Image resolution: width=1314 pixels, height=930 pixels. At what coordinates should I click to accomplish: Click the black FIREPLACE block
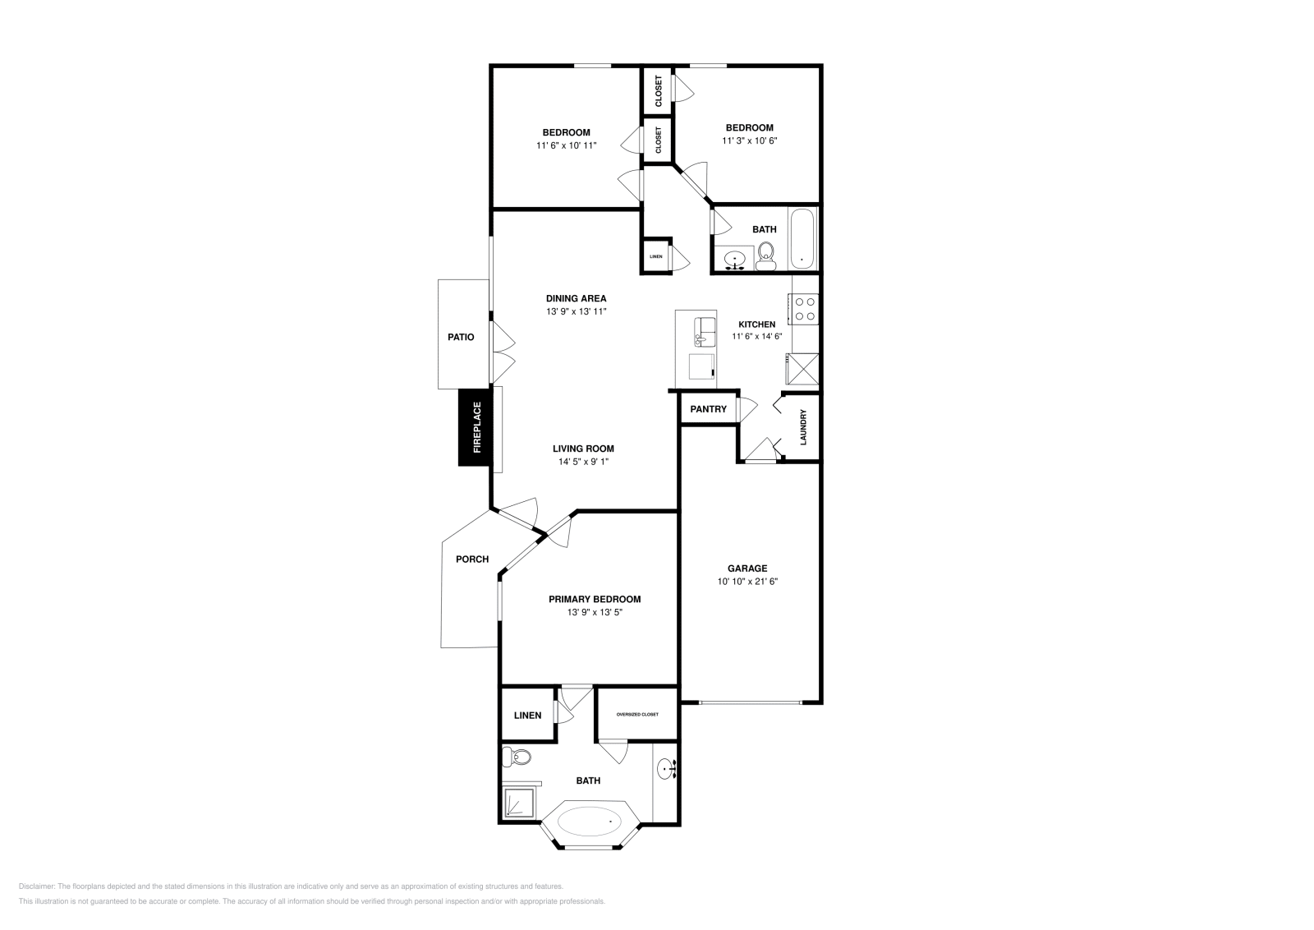476,427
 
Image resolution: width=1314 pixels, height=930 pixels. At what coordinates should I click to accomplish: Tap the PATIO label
461,337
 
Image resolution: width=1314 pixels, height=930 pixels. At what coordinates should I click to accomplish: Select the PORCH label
472,559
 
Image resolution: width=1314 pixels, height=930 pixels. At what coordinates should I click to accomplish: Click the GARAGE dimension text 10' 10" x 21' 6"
747,582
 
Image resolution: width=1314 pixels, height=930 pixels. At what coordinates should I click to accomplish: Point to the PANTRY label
708,409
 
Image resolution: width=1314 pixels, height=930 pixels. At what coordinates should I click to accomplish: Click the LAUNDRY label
804,427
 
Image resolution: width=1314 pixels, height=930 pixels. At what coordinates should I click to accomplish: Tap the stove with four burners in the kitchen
806,309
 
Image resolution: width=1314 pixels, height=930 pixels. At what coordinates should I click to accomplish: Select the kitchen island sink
705,330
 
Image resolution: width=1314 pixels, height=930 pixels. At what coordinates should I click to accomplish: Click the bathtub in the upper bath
802,238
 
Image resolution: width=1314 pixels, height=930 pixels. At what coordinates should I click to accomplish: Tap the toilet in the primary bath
517,756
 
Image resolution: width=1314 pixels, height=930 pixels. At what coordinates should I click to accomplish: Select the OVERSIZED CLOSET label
637,715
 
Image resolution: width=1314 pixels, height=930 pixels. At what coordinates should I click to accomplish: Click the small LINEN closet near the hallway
655,256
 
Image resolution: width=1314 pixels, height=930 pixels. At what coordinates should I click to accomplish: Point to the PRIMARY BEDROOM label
595,600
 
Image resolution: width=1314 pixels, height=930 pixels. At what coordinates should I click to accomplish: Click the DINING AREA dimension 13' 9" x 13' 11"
577,312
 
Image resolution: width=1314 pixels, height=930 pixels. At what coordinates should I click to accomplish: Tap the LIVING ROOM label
583,449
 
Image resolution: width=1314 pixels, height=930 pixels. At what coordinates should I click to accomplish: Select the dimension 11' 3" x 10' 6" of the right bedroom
749,140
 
